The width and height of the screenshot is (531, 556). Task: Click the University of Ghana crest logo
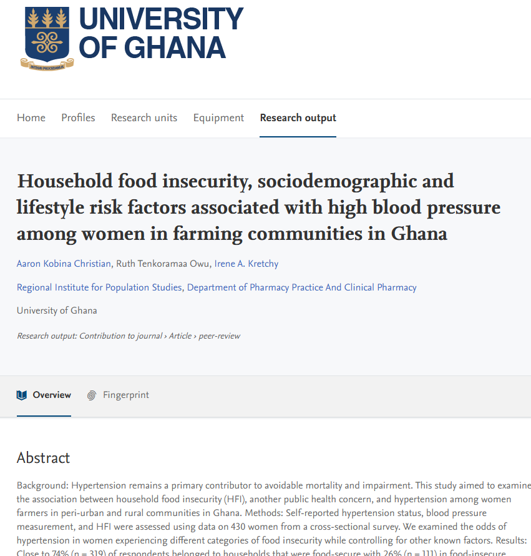coord(47,37)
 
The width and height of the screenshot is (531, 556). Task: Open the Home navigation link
coord(31,118)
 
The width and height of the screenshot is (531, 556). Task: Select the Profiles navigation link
coord(78,118)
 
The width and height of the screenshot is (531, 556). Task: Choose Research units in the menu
coord(144,118)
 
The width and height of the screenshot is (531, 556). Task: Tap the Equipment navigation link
coord(218,118)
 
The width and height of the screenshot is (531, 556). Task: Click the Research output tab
coord(298,118)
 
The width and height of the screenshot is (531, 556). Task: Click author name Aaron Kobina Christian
coord(64,264)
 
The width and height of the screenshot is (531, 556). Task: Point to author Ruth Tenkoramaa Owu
coord(163,264)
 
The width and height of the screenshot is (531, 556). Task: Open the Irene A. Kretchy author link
coord(246,264)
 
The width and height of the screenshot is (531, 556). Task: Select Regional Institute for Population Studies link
coord(99,287)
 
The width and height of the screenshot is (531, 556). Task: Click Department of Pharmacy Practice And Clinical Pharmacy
coord(302,287)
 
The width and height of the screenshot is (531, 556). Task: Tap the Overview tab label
coord(52,395)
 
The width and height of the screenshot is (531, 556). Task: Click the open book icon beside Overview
coord(22,395)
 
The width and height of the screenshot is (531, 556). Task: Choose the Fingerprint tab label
coord(126,395)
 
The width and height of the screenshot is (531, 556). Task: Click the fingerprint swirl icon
coord(92,395)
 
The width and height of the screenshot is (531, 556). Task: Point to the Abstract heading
coord(43,458)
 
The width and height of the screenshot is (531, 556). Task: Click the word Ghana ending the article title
coord(419,234)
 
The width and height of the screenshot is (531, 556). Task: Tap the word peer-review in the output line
coord(219,336)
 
